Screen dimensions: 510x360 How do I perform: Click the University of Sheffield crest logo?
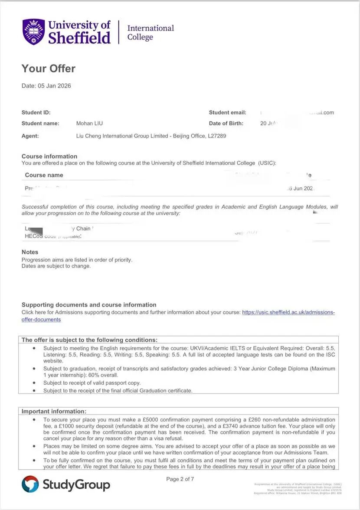33,32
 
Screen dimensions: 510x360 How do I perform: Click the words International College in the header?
150,33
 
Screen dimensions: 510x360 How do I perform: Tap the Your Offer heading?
49,69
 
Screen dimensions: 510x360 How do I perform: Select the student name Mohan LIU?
89,124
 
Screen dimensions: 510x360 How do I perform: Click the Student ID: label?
36,113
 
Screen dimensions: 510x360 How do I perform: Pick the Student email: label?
227,113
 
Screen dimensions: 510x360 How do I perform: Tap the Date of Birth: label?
226,124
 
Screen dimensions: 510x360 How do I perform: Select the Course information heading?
49,157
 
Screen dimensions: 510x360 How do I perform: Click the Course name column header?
44,175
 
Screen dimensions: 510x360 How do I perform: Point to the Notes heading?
30,252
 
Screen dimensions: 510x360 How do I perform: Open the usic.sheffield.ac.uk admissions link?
288,312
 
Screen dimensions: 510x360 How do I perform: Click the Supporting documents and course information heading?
89,305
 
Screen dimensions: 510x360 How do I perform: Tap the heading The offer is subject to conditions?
89,340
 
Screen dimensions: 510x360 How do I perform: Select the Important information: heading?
54,411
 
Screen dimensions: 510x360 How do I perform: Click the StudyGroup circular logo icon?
30,484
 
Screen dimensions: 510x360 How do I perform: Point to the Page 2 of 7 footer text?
180,479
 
